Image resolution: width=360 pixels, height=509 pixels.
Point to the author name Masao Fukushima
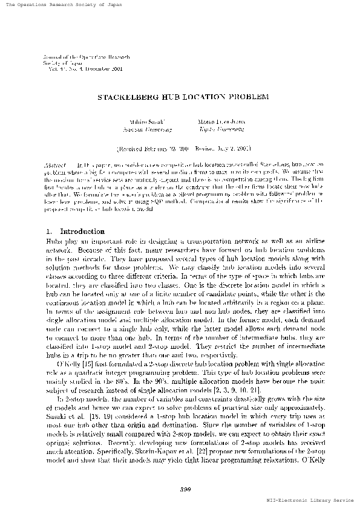(x=213, y=122)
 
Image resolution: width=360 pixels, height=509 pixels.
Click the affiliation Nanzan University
(x=148, y=129)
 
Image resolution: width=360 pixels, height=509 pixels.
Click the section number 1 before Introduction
(x=48, y=232)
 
